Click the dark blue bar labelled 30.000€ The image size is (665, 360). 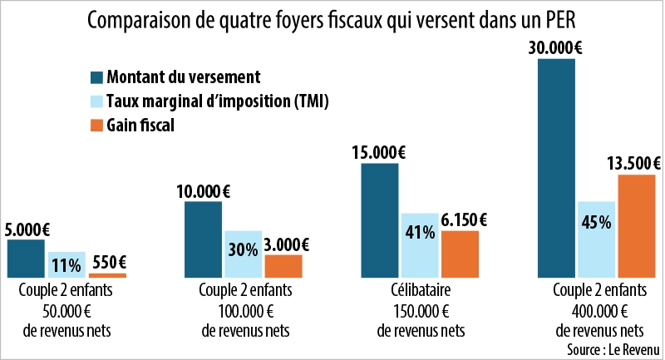[557, 166]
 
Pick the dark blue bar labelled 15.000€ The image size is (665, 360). [380, 219]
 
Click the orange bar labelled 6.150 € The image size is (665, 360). [460, 254]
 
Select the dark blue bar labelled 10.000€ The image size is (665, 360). [203, 239]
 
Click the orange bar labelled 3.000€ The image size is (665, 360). [283, 266]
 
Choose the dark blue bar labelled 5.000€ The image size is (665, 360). [26, 258]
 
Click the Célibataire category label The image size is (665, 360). [420, 292]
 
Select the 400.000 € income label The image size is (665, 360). [597, 312]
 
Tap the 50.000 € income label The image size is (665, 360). [66, 312]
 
